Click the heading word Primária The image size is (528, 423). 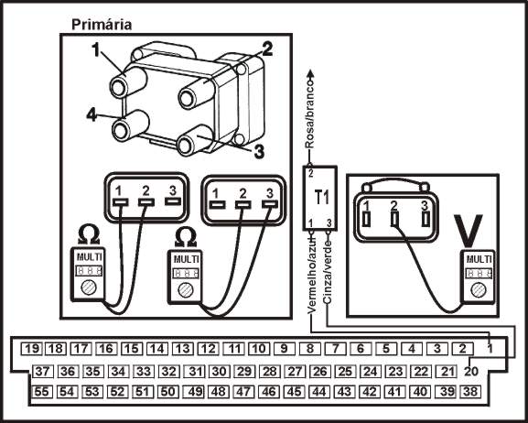102,25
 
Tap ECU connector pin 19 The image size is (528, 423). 32,349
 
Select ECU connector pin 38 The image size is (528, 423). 470,392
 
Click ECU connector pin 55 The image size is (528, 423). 41,392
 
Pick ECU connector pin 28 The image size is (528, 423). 269,372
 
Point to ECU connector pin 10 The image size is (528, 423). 259,349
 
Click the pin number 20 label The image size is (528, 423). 471,372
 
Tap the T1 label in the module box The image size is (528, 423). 321,197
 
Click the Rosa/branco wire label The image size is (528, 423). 309,113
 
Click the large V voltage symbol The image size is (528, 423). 468,231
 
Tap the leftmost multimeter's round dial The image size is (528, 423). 89,287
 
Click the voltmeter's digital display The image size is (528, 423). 479,273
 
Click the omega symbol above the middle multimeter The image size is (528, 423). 186,237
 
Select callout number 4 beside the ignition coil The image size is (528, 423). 92,115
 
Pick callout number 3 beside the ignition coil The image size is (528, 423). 259,152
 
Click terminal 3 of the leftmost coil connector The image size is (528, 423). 173,201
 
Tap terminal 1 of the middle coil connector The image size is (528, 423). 217,204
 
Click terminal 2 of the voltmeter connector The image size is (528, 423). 394,219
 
